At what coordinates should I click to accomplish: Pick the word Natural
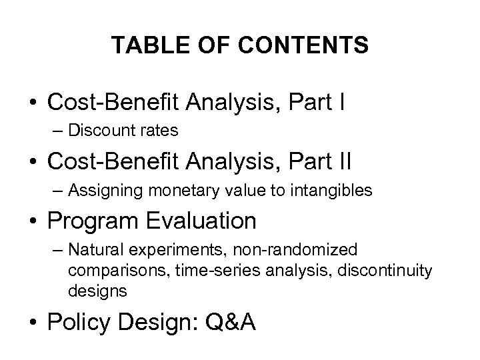point(95,250)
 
